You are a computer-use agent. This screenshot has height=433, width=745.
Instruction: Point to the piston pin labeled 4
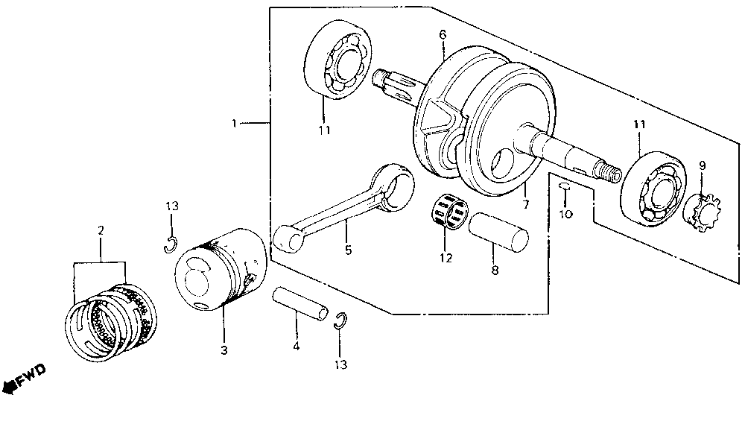[299, 303]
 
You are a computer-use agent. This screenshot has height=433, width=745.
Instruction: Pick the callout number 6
[443, 34]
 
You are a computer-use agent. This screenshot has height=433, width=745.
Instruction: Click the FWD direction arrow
[22, 378]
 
